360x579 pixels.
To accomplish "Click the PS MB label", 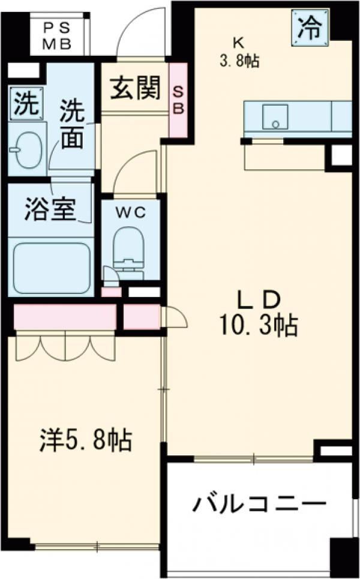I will point(58,35).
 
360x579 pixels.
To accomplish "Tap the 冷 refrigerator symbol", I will point(311,27).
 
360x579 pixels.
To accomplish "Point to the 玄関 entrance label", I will point(135,89).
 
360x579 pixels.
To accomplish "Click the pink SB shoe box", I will point(179,100).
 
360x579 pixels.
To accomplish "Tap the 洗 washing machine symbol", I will point(25,105).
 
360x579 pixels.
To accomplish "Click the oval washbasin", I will point(26,146).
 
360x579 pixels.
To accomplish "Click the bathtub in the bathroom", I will point(51,268).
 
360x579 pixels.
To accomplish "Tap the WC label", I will point(130,212).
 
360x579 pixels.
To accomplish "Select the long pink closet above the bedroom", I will point(65,317).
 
